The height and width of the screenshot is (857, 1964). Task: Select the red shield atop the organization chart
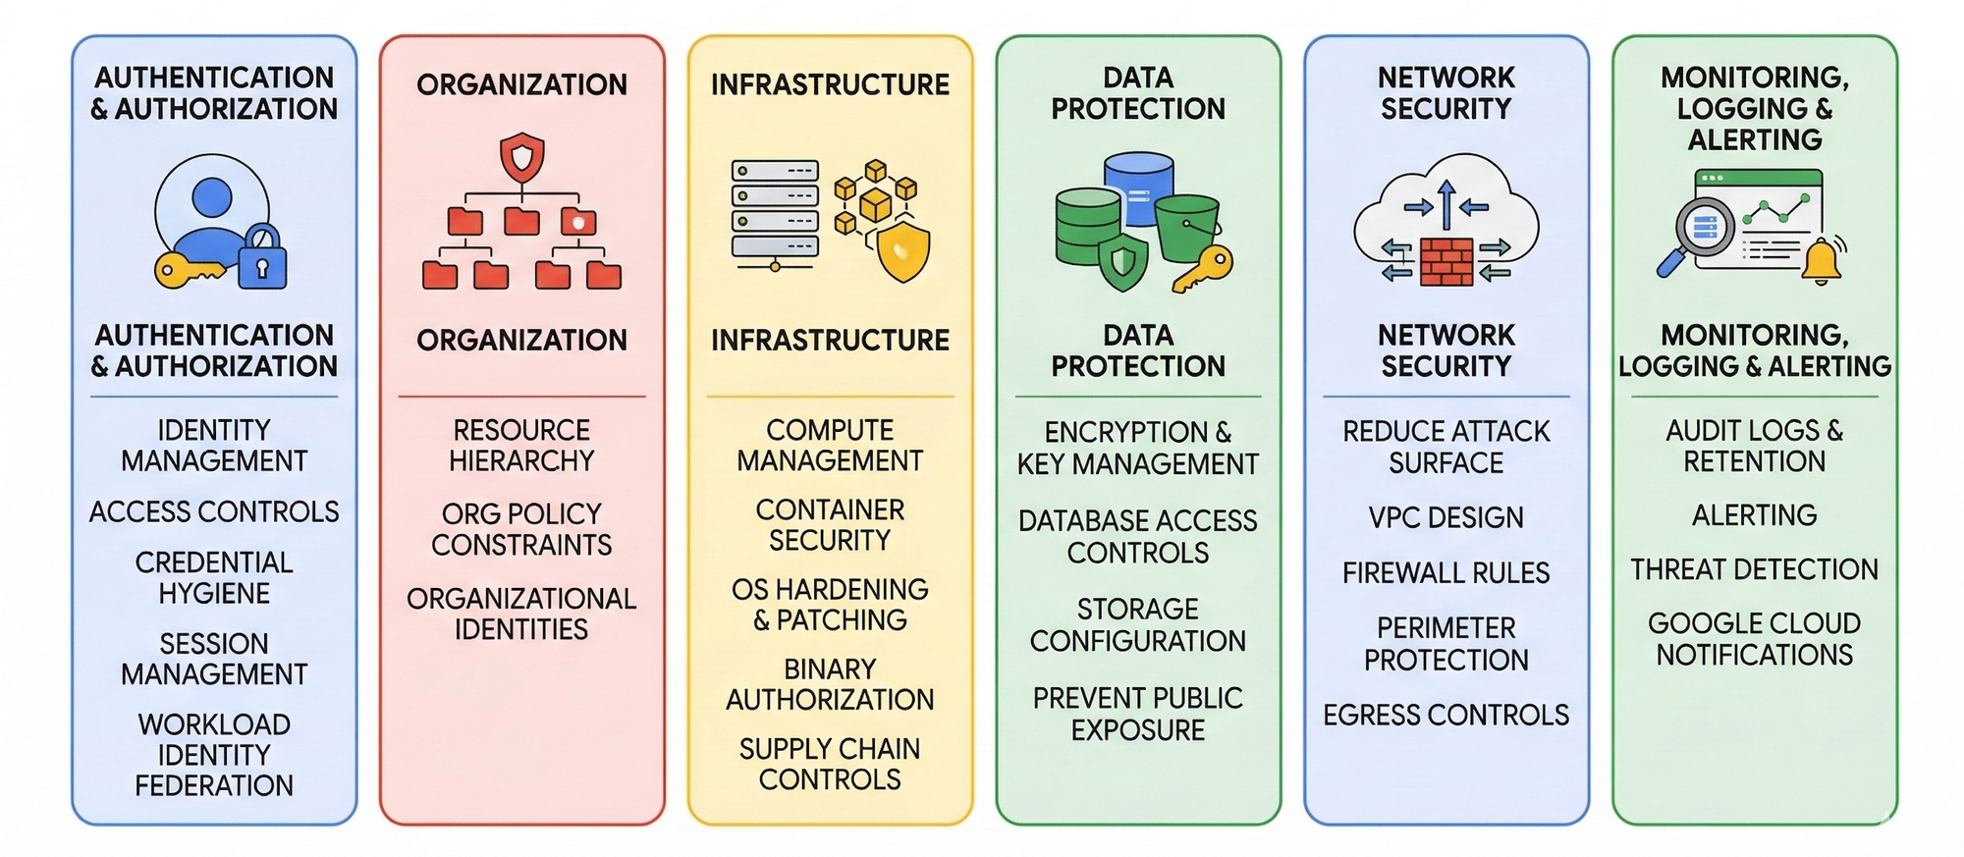[x=521, y=156]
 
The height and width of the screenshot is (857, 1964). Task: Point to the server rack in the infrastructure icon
[x=775, y=210]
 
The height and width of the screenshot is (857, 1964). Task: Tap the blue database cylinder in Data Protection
[x=1139, y=183]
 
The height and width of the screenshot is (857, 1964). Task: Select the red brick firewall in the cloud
[x=1446, y=261]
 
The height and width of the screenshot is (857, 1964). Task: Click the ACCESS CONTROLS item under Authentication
[x=214, y=511]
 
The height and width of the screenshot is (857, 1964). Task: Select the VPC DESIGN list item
[x=1446, y=517]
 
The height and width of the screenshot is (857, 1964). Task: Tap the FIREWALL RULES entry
[x=1446, y=572]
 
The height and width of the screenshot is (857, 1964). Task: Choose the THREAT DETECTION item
[x=1754, y=569]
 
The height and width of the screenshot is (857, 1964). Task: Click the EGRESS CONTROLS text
[x=1446, y=715]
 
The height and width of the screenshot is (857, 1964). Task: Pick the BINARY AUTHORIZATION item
[x=830, y=684]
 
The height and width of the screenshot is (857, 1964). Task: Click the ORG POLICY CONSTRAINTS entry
[x=521, y=529]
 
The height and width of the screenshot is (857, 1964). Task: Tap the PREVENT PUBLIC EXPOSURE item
[x=1137, y=714]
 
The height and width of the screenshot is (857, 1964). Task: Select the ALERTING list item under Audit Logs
[x=1754, y=515]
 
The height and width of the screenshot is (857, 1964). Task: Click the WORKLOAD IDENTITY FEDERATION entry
[x=214, y=755]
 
